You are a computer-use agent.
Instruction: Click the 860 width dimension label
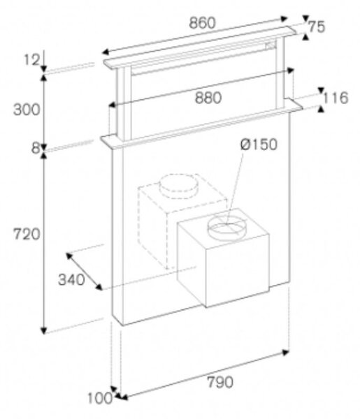coord(202,23)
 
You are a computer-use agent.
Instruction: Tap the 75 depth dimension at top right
coord(317,27)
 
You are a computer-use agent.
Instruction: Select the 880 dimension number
coord(208,98)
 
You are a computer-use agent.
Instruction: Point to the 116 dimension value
coord(336,98)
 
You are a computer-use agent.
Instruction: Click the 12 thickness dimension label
coord(32,59)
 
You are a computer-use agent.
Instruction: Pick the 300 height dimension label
coord(27,110)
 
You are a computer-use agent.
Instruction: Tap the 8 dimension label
coord(36,148)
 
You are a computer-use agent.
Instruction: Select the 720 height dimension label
coord(27,234)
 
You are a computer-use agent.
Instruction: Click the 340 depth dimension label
coord(71,280)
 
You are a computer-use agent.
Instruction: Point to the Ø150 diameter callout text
coord(259,145)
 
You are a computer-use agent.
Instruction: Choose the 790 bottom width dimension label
coord(220,382)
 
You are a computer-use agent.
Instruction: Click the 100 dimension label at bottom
coord(100,398)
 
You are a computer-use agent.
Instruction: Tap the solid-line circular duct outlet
coord(226,226)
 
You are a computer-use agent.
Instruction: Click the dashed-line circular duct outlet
coord(179,186)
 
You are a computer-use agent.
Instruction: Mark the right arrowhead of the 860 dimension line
coord(284,19)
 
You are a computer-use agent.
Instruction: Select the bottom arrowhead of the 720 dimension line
coord(43,330)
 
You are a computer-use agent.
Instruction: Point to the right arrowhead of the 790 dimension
coord(286,353)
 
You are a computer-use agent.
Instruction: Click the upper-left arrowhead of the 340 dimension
coord(69,256)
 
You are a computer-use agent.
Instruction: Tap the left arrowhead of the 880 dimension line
coord(113,105)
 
